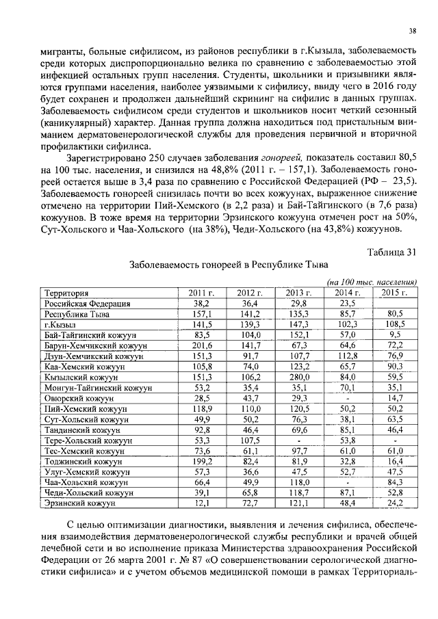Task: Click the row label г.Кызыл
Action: click(x=60, y=324)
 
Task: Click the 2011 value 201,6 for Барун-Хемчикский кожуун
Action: click(x=201, y=345)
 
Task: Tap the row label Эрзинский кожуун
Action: click(x=79, y=503)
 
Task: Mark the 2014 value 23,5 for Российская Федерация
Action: click(x=348, y=303)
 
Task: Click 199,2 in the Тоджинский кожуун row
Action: click(x=201, y=461)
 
